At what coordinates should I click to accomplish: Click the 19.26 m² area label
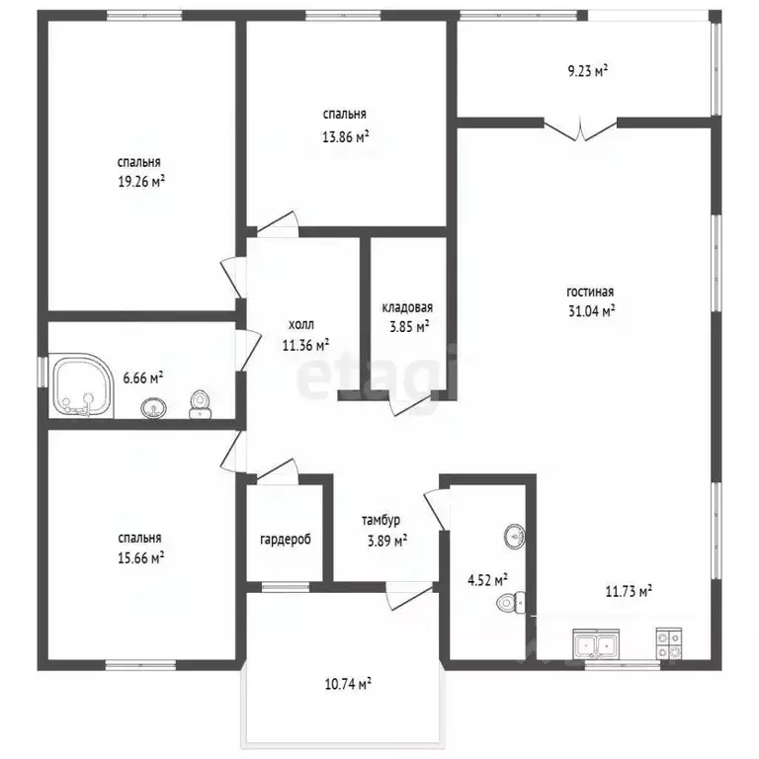coord(141,182)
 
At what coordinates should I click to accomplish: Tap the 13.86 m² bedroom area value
coord(346,137)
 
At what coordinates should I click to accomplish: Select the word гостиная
coord(590,292)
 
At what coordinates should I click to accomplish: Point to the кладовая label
coord(407,307)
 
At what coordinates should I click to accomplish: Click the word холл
coord(301,324)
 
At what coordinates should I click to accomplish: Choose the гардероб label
coord(286,540)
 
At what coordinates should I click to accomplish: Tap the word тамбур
coord(380,521)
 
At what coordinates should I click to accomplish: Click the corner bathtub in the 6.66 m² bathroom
coord(81,385)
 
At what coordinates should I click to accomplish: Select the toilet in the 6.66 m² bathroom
coord(199,404)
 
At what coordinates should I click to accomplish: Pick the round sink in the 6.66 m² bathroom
coord(154,407)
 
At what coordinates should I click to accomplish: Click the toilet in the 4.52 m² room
coord(511,603)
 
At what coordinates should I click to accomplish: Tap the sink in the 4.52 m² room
coord(515,537)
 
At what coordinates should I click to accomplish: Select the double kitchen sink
coord(596,643)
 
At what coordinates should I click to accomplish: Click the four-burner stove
coord(669,643)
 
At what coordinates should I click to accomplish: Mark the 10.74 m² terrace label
coord(348,684)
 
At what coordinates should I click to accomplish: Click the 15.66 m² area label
coord(140,558)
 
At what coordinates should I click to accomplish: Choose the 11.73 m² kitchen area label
coord(629,591)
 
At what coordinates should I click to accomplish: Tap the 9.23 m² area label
coord(588,71)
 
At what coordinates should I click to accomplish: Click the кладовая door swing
coord(410,403)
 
